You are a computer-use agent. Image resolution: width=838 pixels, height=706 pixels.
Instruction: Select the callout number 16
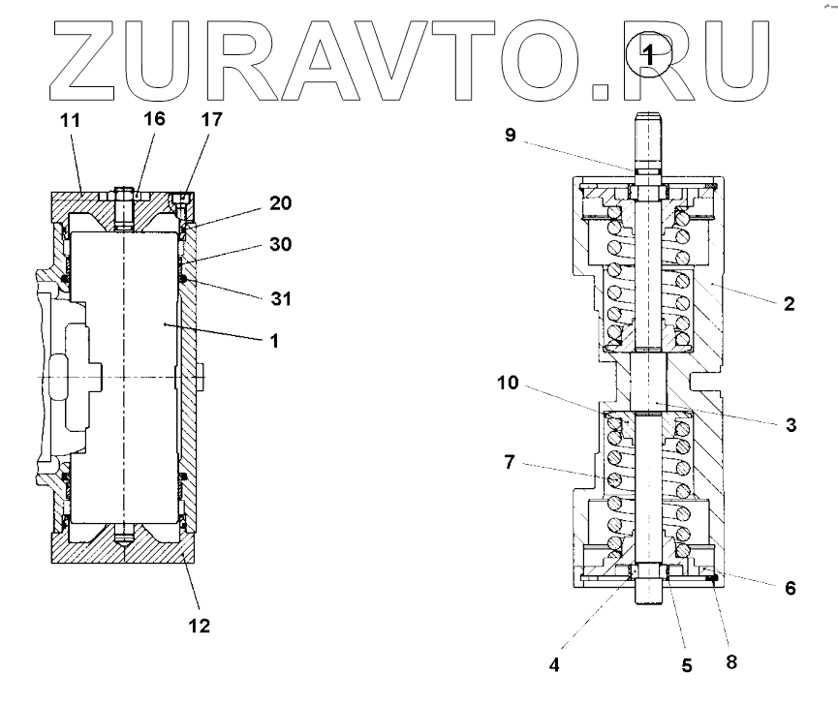tap(154, 119)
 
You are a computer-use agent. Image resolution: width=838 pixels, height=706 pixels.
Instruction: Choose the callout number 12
tap(199, 626)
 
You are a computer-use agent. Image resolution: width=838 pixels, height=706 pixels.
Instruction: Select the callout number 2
tap(789, 303)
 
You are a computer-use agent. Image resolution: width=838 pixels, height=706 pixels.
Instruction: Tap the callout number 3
tap(791, 424)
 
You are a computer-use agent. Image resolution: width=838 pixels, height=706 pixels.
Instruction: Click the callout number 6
tap(791, 588)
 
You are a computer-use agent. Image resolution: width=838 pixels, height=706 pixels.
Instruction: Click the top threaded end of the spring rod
tap(649, 127)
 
